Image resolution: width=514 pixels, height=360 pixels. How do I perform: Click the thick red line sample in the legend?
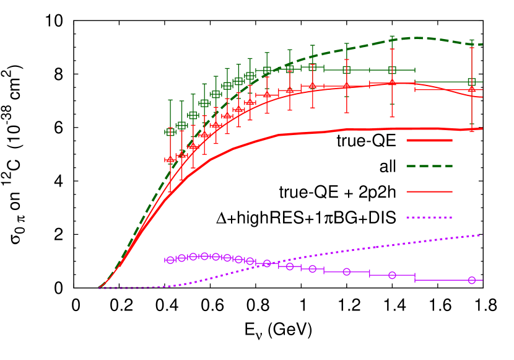[x=429, y=141]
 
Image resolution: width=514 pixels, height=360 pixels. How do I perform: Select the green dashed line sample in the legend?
[x=429, y=166]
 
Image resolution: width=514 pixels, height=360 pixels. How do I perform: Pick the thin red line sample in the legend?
[x=429, y=192]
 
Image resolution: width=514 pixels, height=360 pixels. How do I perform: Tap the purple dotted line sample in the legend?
[x=429, y=217]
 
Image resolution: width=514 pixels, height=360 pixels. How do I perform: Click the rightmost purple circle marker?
[x=472, y=280]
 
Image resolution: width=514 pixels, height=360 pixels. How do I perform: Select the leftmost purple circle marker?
[x=170, y=260]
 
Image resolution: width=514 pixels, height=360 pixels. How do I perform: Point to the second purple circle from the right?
[x=392, y=275]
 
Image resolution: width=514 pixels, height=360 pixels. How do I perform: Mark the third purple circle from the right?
[x=347, y=271]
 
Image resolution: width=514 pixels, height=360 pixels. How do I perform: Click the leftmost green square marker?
[x=170, y=132]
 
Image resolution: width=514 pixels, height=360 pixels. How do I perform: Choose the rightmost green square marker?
[x=472, y=82]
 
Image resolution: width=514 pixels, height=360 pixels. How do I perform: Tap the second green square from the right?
[x=392, y=70]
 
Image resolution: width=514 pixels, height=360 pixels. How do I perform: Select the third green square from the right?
[x=347, y=69]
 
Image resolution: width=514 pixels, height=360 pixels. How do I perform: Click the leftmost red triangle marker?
[x=170, y=159]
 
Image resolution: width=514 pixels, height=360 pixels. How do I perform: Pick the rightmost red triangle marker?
[x=472, y=89]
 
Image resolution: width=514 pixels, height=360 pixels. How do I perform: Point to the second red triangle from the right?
[x=392, y=82]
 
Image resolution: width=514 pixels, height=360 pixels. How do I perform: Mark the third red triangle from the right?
[x=347, y=85]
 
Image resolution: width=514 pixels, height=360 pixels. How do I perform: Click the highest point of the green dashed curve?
[x=418, y=38]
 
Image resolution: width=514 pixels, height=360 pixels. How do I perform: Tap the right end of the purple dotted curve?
[x=482, y=235]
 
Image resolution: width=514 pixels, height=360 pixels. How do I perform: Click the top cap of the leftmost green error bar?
[x=170, y=99]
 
